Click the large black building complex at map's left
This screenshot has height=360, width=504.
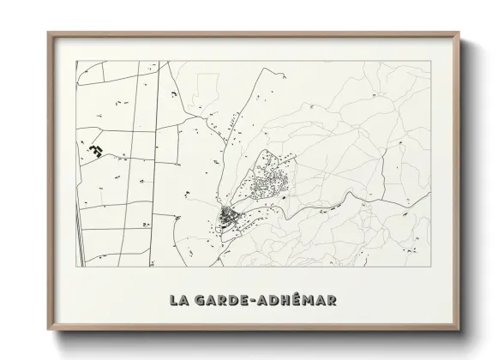pyautogui.click(x=95, y=150)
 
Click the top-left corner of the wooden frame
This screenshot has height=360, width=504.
pyautogui.click(x=48, y=33)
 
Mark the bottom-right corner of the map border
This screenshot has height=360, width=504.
pyautogui.click(x=430, y=268)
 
